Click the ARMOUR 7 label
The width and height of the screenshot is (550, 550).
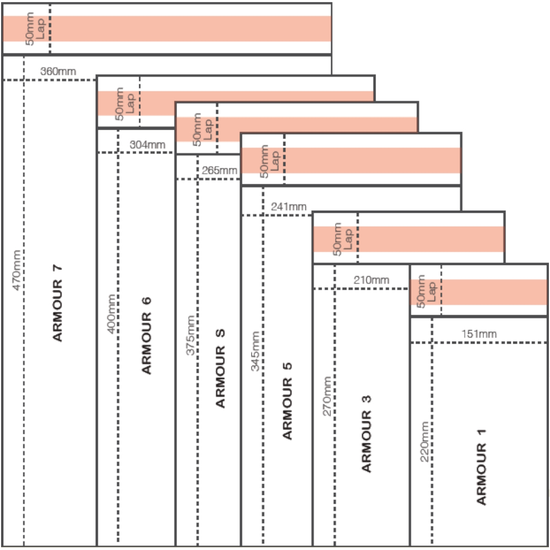click(58, 303)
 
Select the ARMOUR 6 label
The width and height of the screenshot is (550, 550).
click(146, 335)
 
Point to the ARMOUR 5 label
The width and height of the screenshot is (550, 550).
click(287, 402)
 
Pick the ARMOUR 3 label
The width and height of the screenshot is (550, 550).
click(366, 433)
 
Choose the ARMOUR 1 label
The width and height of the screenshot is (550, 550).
click(482, 466)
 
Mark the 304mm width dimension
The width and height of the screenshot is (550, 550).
click(147, 145)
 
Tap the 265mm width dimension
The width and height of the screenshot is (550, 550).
click(219, 170)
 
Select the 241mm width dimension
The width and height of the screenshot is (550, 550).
click(288, 206)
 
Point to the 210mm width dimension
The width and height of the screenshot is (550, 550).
click(371, 280)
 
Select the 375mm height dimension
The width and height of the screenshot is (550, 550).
click(190, 335)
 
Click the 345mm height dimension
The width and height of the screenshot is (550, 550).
click(256, 351)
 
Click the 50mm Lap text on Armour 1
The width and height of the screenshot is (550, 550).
click(426, 291)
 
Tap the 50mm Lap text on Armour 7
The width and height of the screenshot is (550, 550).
click(35, 29)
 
